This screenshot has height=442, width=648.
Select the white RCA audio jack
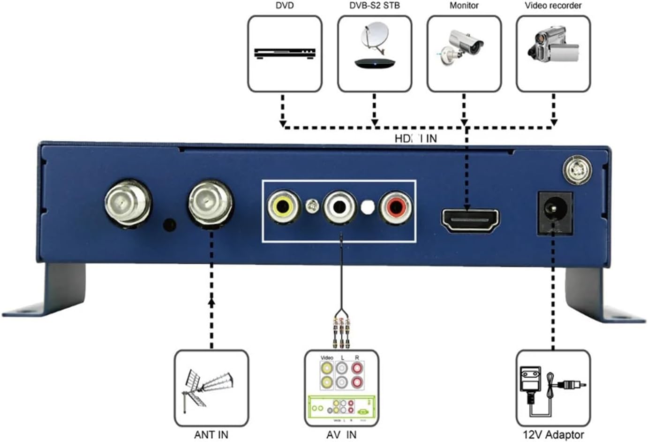click(340, 207)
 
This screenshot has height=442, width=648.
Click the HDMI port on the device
click(470, 220)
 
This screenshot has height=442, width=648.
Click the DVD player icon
click(285, 53)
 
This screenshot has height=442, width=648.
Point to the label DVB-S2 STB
click(374, 6)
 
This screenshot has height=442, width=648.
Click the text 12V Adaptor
click(553, 434)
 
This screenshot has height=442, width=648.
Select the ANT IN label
click(211, 434)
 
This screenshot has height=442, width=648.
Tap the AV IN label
click(341, 434)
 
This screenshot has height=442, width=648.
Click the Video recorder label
click(553, 6)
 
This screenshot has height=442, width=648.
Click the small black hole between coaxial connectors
click(170, 224)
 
